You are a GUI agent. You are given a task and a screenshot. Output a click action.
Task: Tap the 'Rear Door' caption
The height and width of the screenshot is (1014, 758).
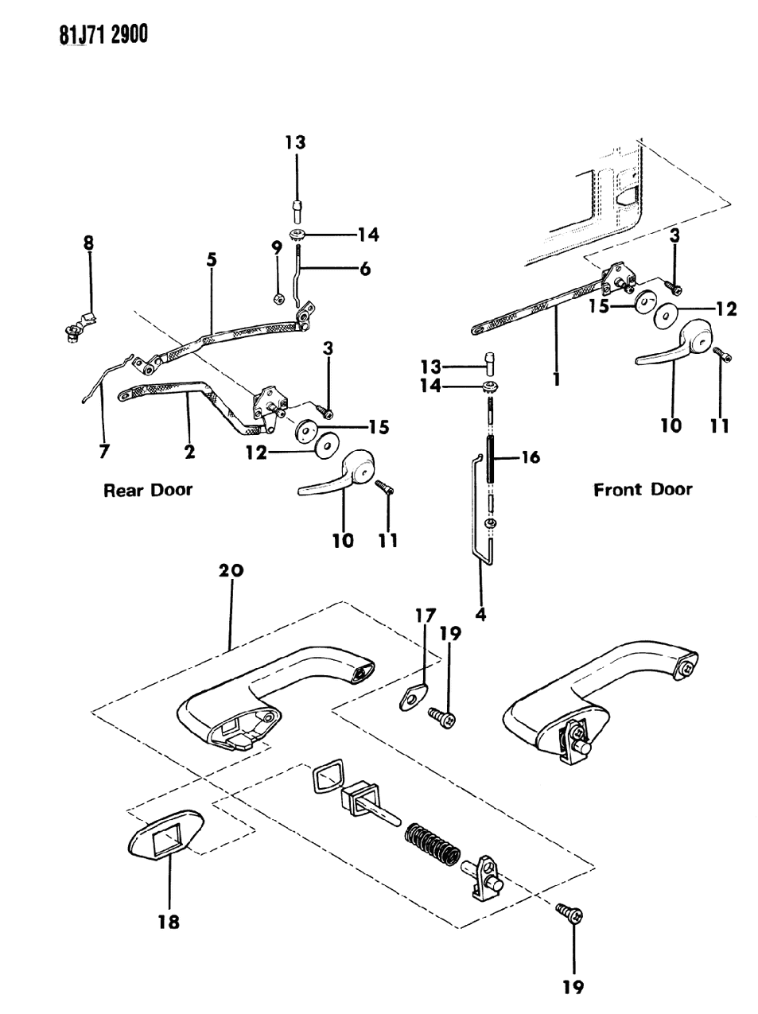point(148,490)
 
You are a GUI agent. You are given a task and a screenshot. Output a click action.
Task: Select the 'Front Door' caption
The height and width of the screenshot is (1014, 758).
point(643,489)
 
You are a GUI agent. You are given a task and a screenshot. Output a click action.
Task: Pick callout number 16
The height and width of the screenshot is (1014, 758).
point(530,457)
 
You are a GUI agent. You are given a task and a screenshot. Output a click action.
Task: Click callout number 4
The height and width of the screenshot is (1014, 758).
point(480,613)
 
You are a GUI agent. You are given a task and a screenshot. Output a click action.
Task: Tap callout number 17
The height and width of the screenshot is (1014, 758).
point(424,614)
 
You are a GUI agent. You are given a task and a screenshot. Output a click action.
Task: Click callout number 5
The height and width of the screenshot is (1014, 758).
point(211,260)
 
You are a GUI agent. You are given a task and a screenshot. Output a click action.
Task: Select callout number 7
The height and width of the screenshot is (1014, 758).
point(104,453)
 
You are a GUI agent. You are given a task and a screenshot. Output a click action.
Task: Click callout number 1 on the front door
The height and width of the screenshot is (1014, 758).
point(556,379)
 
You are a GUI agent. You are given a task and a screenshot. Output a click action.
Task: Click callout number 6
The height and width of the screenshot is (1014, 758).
point(364,270)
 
